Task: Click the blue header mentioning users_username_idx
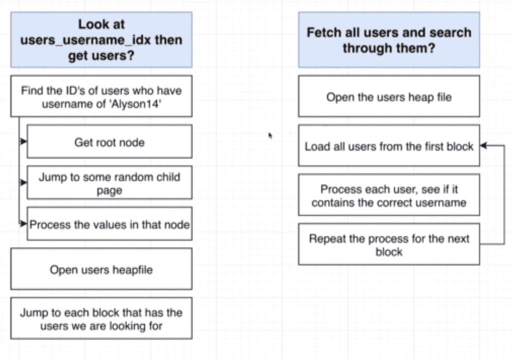(x=101, y=40)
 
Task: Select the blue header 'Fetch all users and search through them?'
(x=388, y=40)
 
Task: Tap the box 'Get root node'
(x=109, y=142)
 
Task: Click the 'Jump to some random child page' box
(x=109, y=183)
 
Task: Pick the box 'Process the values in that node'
(x=109, y=224)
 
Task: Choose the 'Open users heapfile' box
(x=101, y=269)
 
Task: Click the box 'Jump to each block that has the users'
(x=101, y=319)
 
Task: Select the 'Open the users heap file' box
(x=388, y=96)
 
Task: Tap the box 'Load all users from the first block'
(x=388, y=146)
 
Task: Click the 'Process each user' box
(x=388, y=196)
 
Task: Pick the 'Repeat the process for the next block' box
(x=388, y=244)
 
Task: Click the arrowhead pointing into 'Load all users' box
(x=483, y=146)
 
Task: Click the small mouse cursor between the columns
(x=270, y=134)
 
